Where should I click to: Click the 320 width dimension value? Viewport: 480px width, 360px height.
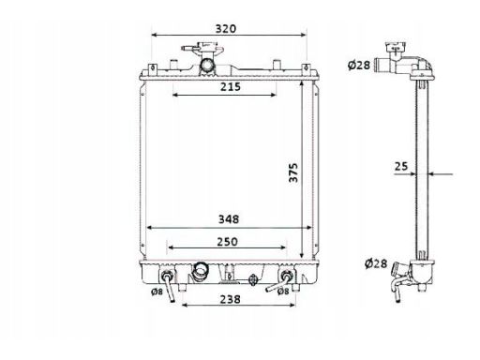click(x=226, y=29)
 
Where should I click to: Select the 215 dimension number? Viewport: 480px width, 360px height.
click(x=231, y=86)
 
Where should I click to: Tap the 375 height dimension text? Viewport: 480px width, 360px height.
click(x=293, y=172)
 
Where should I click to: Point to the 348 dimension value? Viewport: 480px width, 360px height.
click(x=229, y=219)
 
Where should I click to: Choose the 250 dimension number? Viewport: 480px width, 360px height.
click(x=227, y=242)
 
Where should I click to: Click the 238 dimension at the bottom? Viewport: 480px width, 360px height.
click(x=231, y=299)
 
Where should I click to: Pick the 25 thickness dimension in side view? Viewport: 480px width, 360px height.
click(x=401, y=166)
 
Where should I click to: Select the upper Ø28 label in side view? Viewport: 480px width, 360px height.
click(x=359, y=65)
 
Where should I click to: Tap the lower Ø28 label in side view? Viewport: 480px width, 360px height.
click(x=376, y=263)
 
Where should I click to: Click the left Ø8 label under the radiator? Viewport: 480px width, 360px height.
click(x=157, y=292)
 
